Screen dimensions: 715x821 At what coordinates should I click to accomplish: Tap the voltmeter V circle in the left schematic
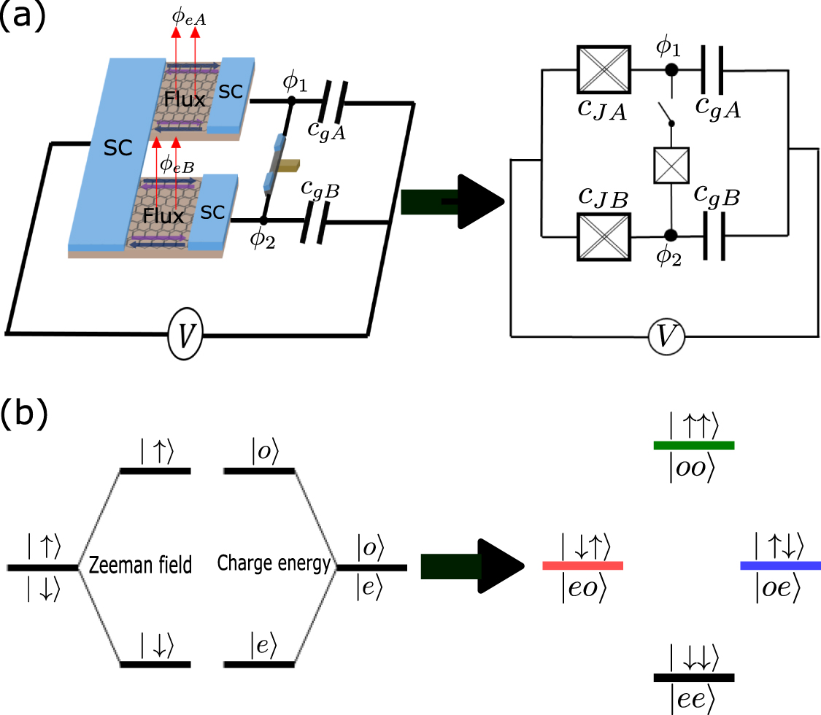click(185, 336)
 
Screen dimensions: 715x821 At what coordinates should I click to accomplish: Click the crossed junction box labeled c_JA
click(603, 70)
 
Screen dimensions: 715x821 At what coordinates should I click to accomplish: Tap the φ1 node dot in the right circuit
click(670, 70)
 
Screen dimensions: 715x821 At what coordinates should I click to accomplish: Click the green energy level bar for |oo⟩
click(693, 445)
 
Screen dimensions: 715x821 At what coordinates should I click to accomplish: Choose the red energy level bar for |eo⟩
click(582, 565)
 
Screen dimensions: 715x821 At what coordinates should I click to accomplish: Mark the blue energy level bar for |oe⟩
click(780, 565)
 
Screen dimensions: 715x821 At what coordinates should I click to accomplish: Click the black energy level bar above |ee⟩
click(693, 677)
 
